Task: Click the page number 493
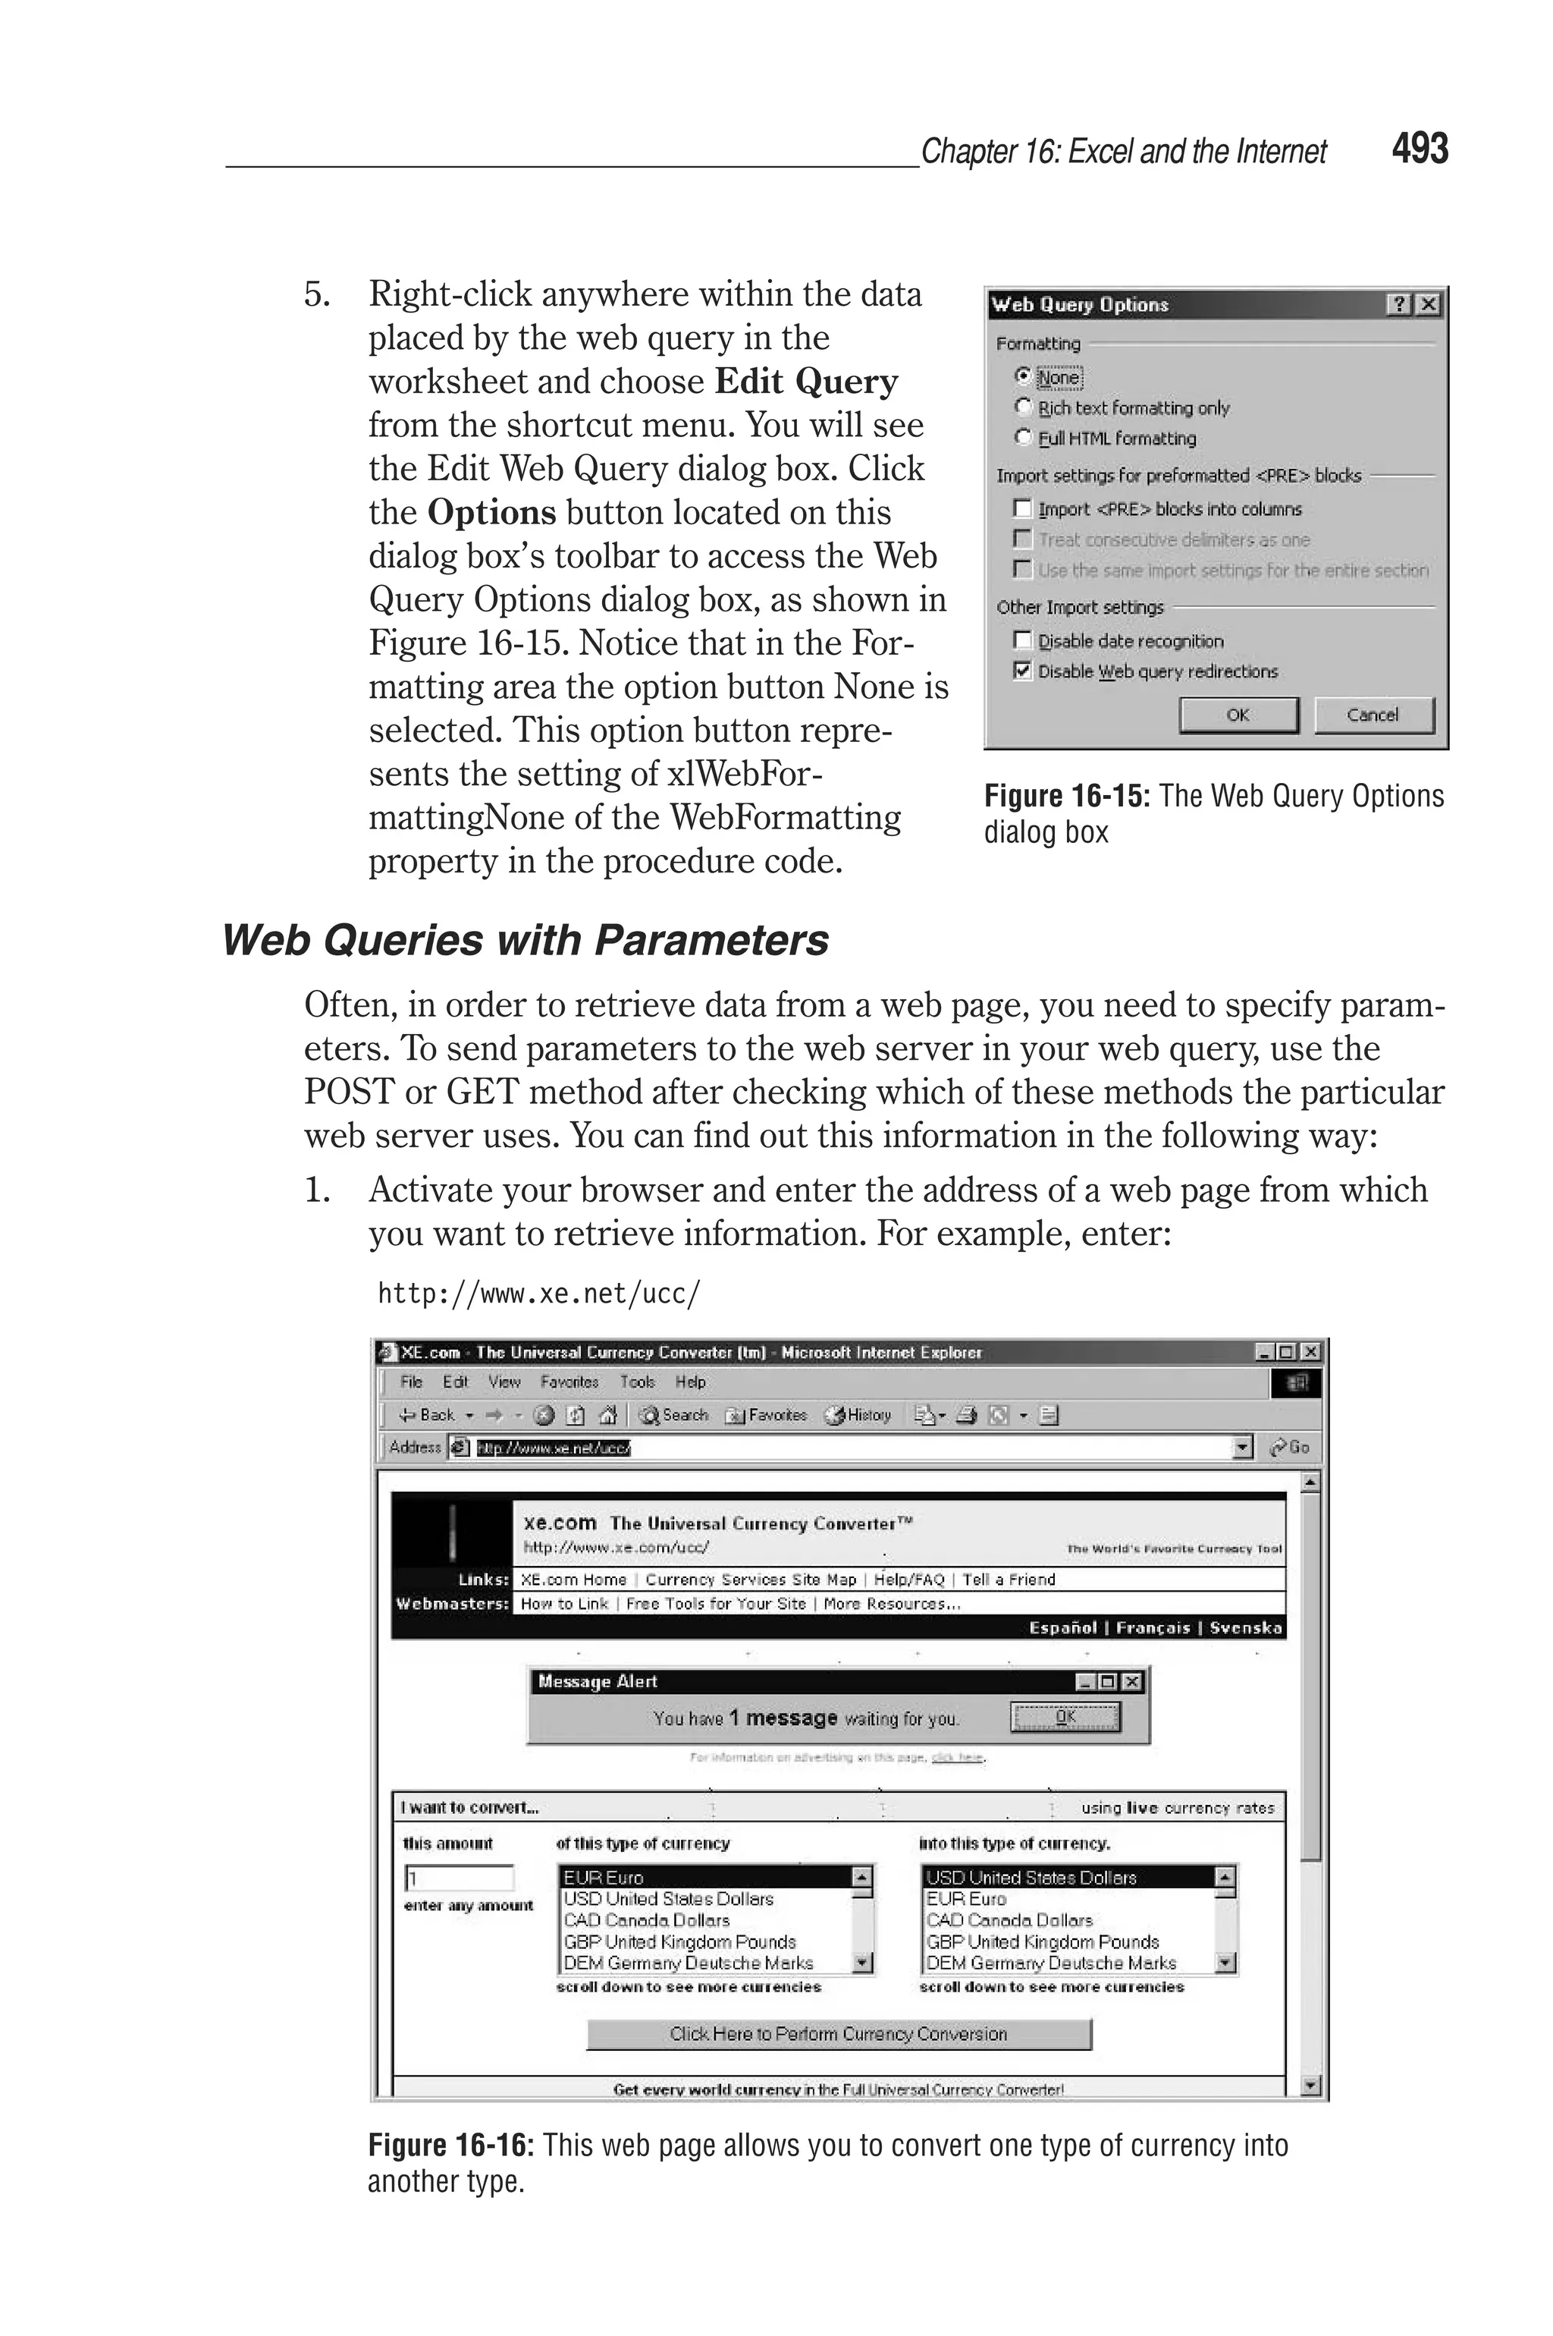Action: [x=1420, y=149]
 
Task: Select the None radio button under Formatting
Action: [x=1023, y=376]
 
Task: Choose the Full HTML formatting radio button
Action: [x=1023, y=437]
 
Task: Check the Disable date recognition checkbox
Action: [x=1023, y=641]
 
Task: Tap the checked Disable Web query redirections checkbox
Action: [x=1023, y=671]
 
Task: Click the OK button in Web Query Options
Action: [x=1238, y=714]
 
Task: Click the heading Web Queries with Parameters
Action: [x=525, y=940]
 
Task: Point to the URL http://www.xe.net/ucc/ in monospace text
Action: [x=539, y=1293]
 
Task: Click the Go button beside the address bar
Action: [x=1290, y=1448]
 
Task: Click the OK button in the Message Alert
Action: [x=1065, y=1717]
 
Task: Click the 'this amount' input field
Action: [x=460, y=1877]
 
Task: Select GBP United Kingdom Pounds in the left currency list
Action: [x=679, y=1941]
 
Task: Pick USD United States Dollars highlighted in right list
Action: [x=1031, y=1877]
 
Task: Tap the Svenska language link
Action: [x=1245, y=1627]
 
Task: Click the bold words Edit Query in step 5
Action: [x=806, y=382]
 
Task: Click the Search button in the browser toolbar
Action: [x=674, y=1415]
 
